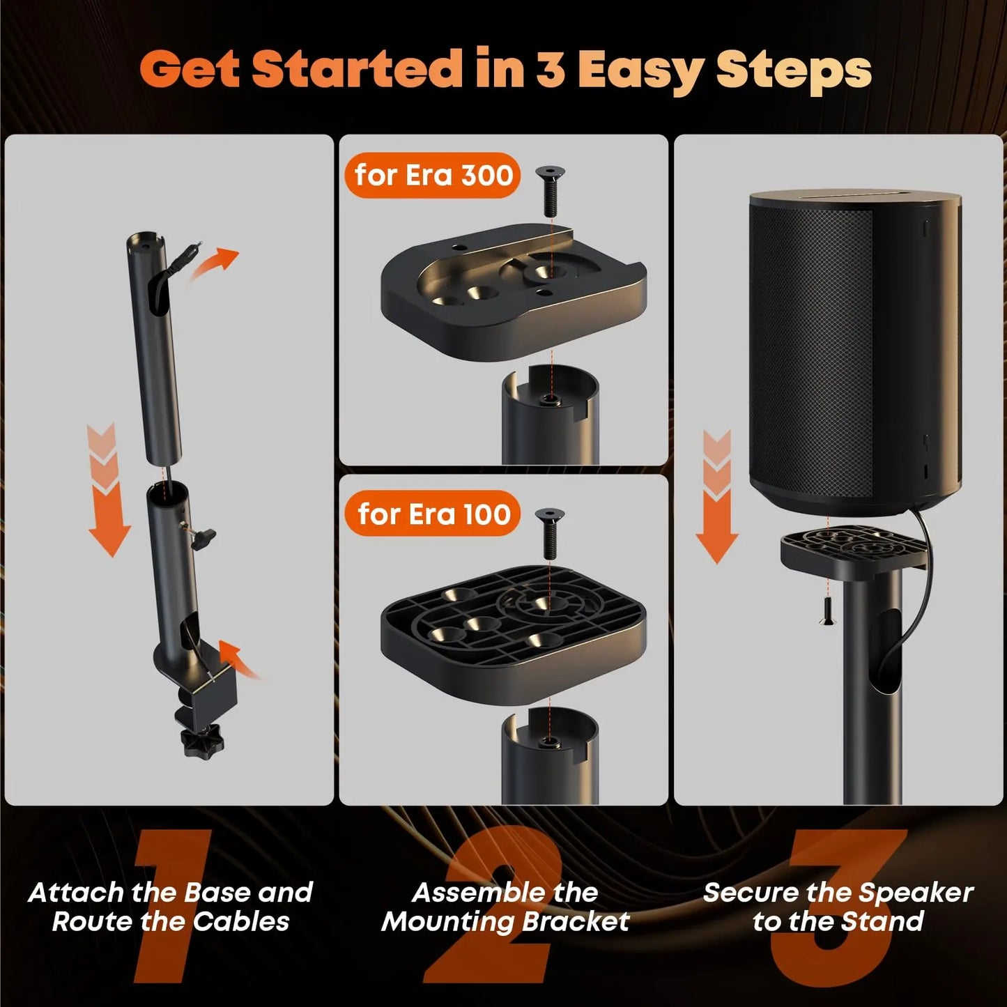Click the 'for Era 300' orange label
(433, 176)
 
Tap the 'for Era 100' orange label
(433, 514)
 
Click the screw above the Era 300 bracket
(550, 191)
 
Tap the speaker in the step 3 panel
(856, 348)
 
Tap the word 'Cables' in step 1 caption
(240, 922)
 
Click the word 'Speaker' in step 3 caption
(915, 893)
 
